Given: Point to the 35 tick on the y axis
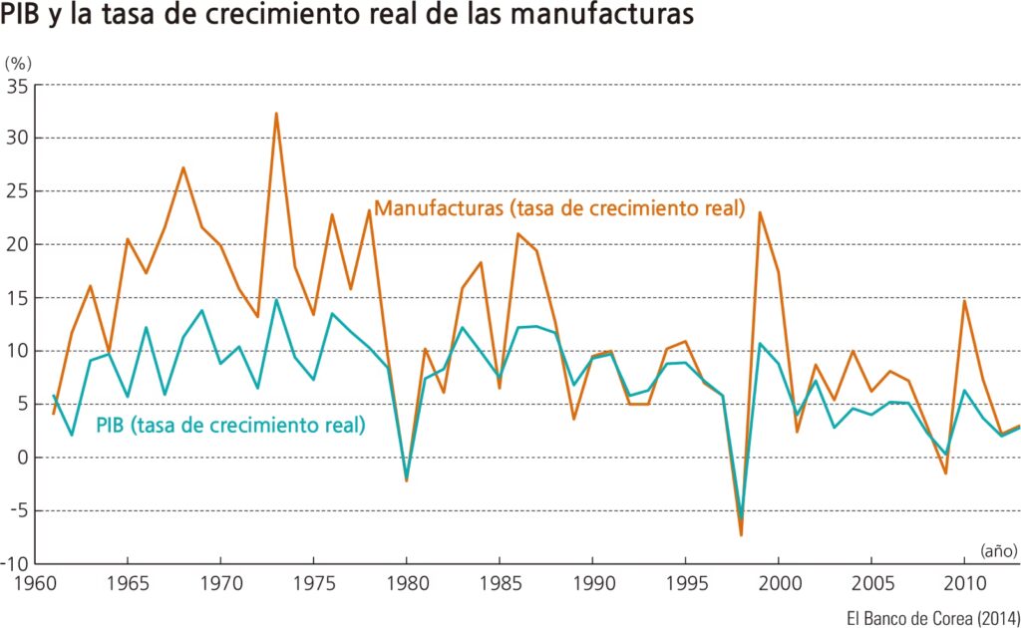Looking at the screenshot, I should pyautogui.click(x=17, y=87).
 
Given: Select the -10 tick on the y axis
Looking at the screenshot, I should pyautogui.click(x=14, y=564).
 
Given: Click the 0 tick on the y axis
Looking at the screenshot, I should pyautogui.click(x=22, y=458).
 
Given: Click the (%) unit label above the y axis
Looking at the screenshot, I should pyautogui.click(x=19, y=64).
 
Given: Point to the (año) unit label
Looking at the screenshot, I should pyautogui.click(x=997, y=549).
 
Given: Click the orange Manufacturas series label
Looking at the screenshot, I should pyautogui.click(x=560, y=209).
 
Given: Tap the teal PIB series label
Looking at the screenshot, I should pyautogui.click(x=230, y=426).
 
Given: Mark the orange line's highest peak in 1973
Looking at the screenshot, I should pyautogui.click(x=276, y=114).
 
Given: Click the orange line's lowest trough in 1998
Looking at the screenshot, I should pyautogui.click(x=741, y=535).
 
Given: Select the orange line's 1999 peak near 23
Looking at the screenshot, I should pyautogui.click(x=760, y=212).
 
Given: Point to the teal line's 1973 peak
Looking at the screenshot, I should pyautogui.click(x=276, y=300).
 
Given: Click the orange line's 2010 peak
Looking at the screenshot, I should pyautogui.click(x=964, y=301).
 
